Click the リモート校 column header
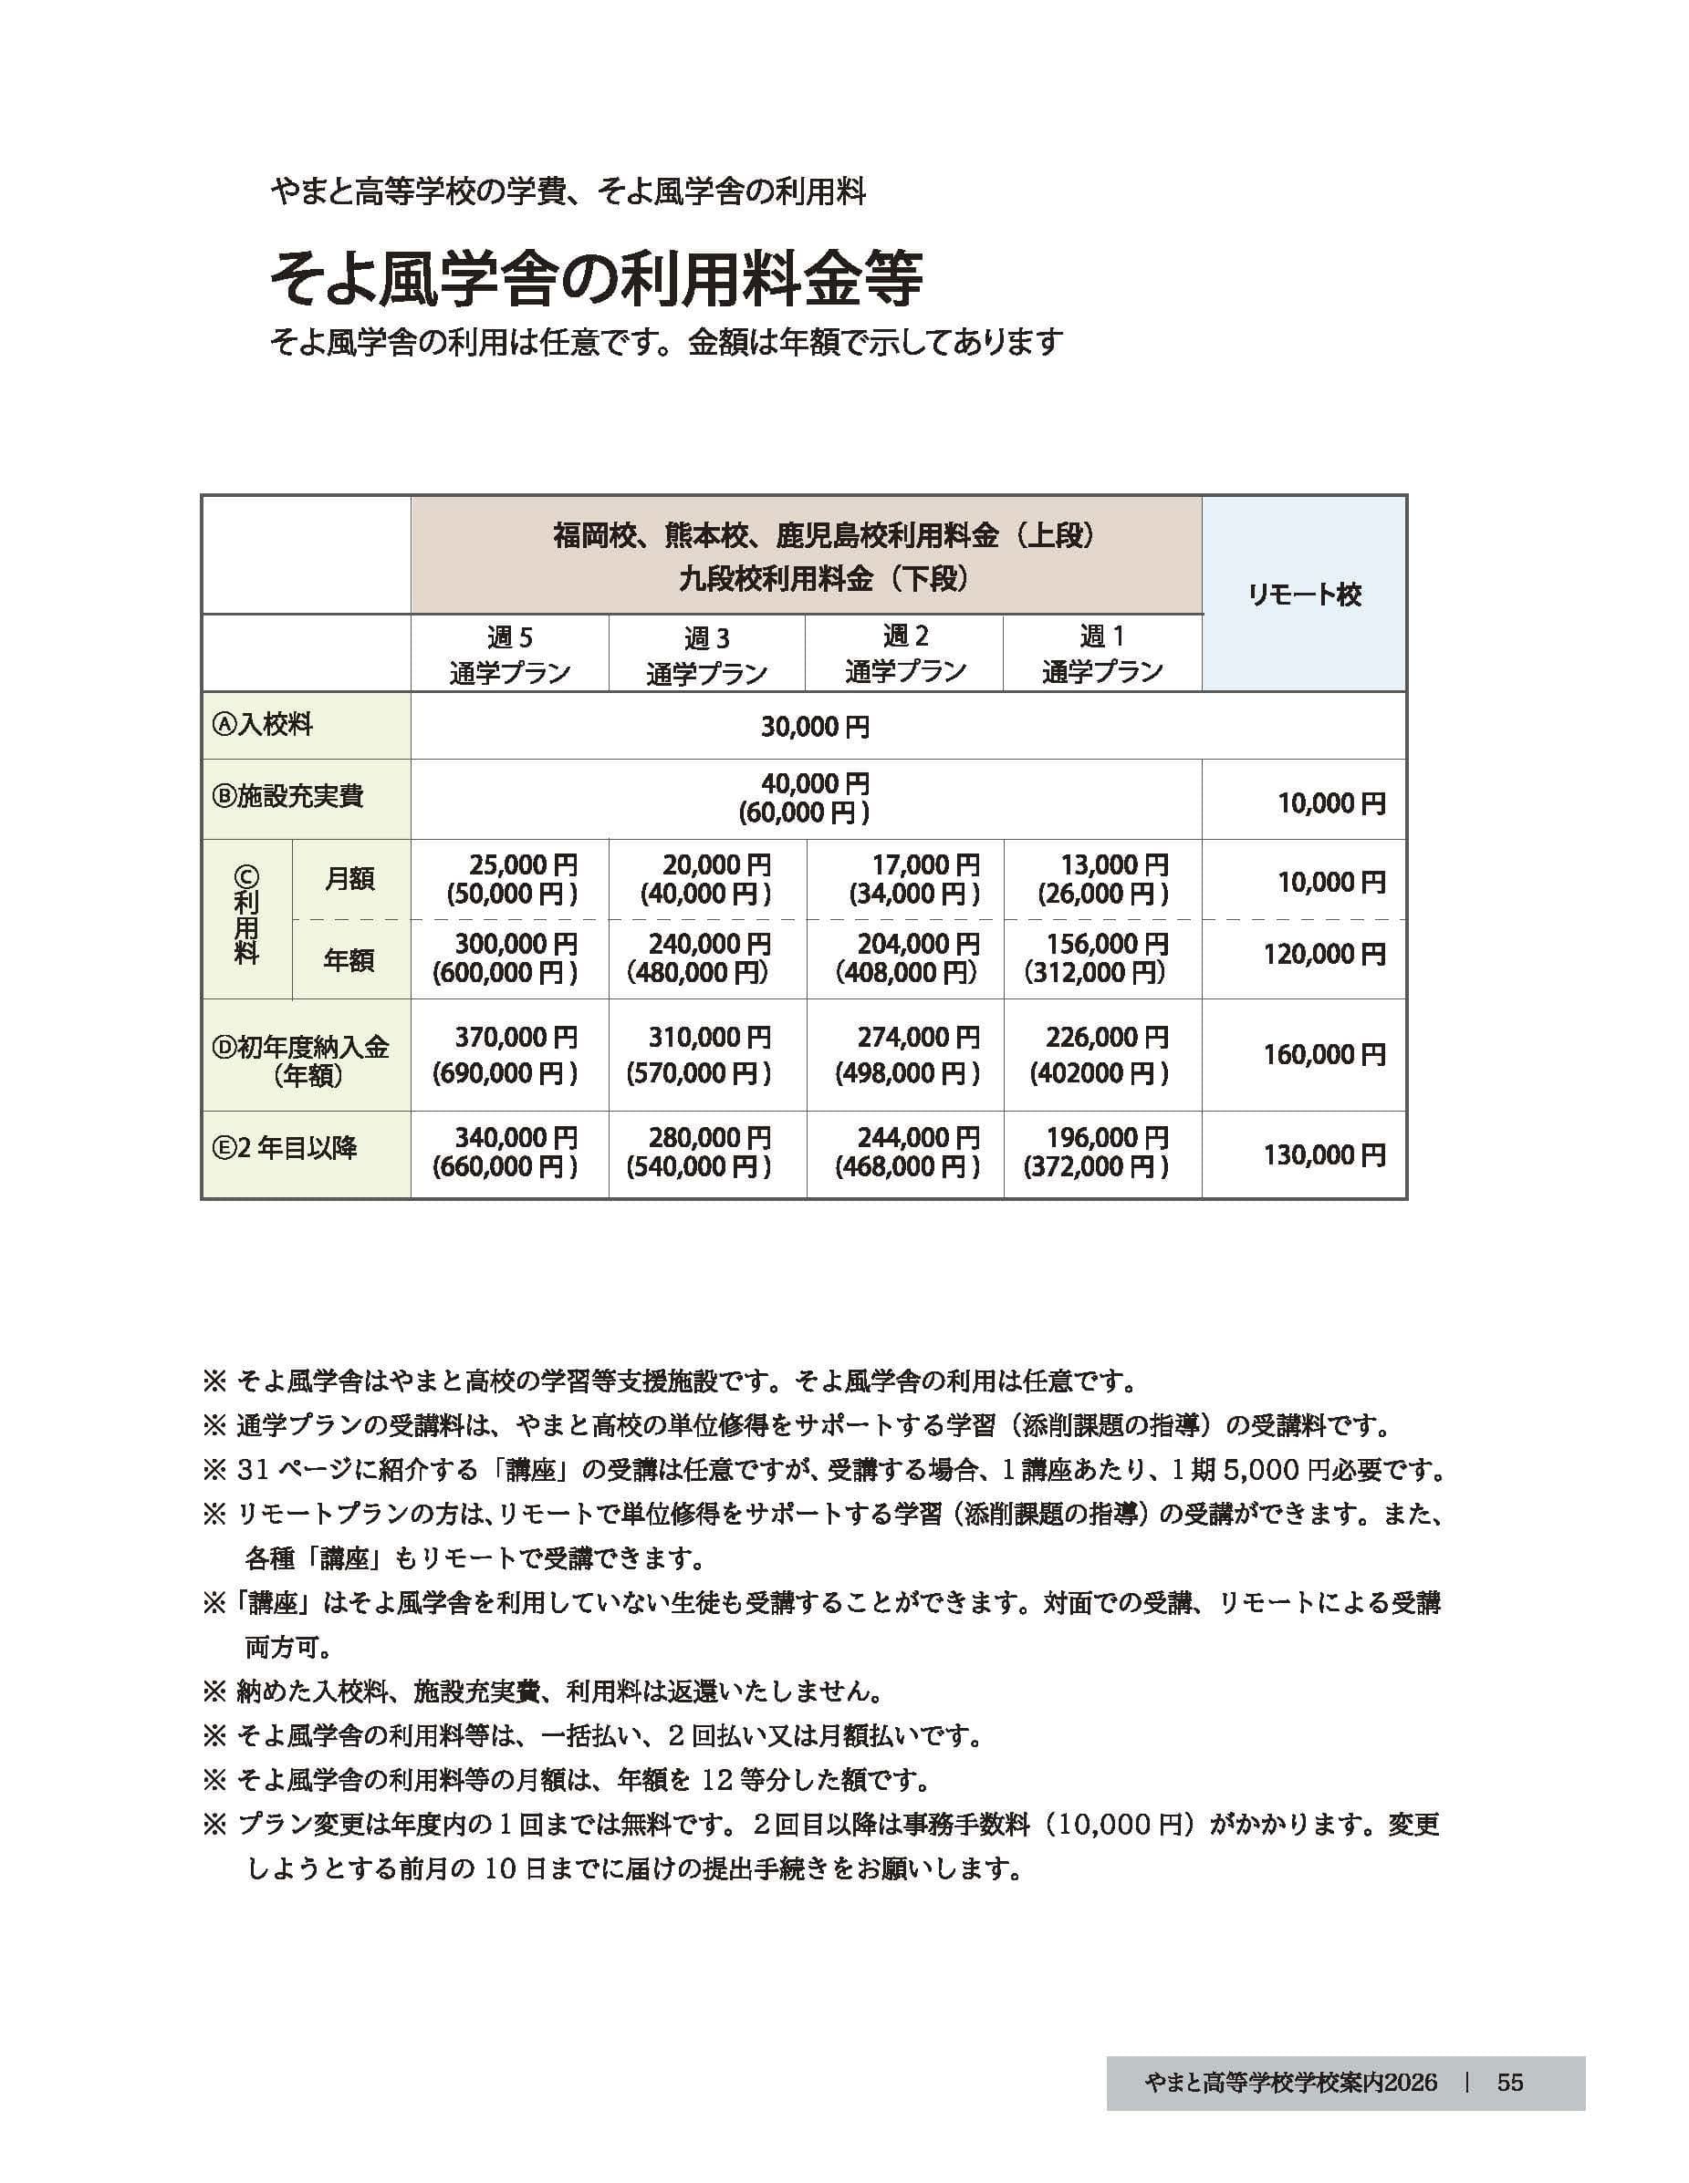1303,595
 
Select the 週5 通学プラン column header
509,654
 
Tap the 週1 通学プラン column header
1102,654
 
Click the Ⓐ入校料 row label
263,725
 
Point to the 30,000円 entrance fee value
814,727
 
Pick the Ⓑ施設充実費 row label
287,796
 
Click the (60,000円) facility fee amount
804,813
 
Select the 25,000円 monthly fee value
523,864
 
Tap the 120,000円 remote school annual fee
1324,955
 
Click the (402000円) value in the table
1099,1073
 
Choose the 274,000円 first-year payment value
918,1039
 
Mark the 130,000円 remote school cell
1324,1155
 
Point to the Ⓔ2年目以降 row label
285,1147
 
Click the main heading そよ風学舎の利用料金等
596,279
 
